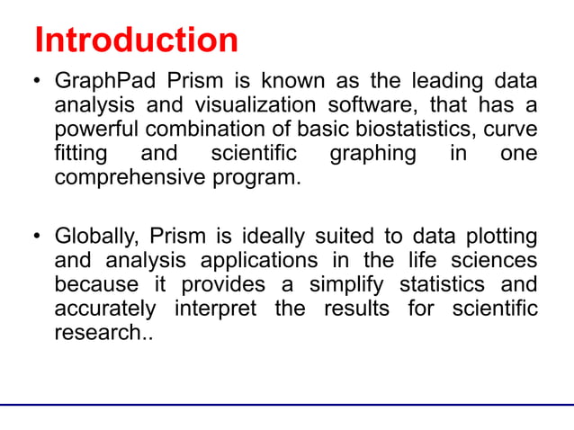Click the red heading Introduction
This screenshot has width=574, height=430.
(x=136, y=40)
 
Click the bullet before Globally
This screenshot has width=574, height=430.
(x=38, y=238)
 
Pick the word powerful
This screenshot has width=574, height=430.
(x=94, y=130)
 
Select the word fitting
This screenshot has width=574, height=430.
(x=79, y=154)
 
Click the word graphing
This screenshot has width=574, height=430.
(x=372, y=154)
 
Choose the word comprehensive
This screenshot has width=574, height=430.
(x=130, y=177)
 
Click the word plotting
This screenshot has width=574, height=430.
(x=499, y=237)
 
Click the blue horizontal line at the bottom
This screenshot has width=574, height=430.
(x=287, y=406)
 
